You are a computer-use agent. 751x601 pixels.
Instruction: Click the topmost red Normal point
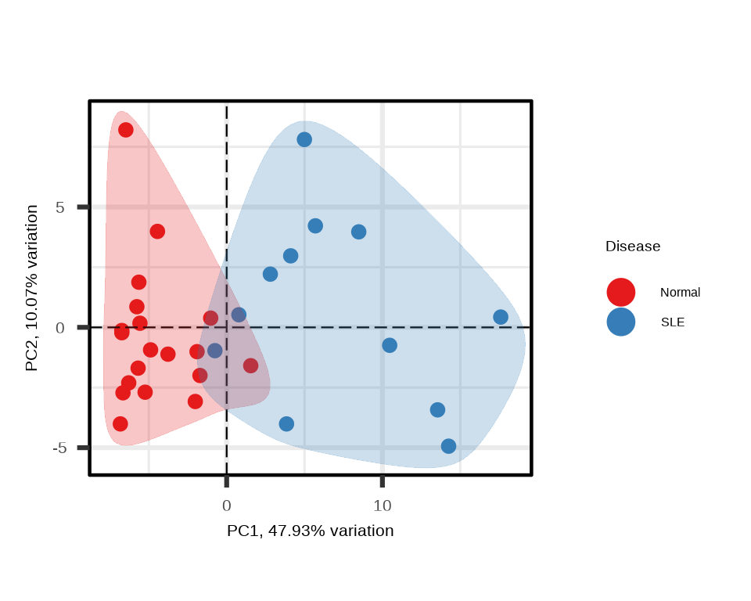click(x=125, y=130)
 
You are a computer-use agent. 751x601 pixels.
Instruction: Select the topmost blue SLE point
click(x=304, y=139)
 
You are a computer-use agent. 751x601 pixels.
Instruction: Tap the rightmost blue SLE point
click(x=501, y=317)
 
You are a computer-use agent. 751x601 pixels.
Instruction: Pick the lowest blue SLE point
click(x=448, y=446)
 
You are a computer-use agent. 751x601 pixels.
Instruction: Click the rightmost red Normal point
click(x=250, y=365)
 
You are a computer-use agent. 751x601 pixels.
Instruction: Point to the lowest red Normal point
click(x=120, y=424)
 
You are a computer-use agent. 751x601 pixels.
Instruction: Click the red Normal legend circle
click(x=620, y=292)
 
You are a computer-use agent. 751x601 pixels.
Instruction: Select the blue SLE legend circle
click(x=620, y=322)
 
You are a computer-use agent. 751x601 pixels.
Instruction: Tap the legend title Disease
click(x=633, y=247)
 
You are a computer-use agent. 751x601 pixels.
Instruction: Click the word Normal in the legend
click(x=680, y=293)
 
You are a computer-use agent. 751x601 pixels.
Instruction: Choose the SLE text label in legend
click(x=673, y=322)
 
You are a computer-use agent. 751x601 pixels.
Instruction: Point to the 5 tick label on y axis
click(x=59, y=207)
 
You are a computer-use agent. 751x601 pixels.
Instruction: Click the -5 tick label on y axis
click(x=59, y=448)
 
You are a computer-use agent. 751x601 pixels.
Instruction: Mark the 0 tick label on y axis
click(x=59, y=327)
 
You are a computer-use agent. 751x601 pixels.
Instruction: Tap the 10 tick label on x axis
click(x=382, y=506)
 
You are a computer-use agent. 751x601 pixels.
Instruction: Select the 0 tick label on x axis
click(x=226, y=506)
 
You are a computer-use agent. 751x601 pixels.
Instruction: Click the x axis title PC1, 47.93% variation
click(x=310, y=531)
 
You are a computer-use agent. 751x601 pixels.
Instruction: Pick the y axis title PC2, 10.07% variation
click(x=31, y=288)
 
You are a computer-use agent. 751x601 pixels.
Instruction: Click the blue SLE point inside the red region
click(x=215, y=350)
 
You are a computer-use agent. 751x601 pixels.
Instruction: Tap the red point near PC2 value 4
click(x=157, y=232)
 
